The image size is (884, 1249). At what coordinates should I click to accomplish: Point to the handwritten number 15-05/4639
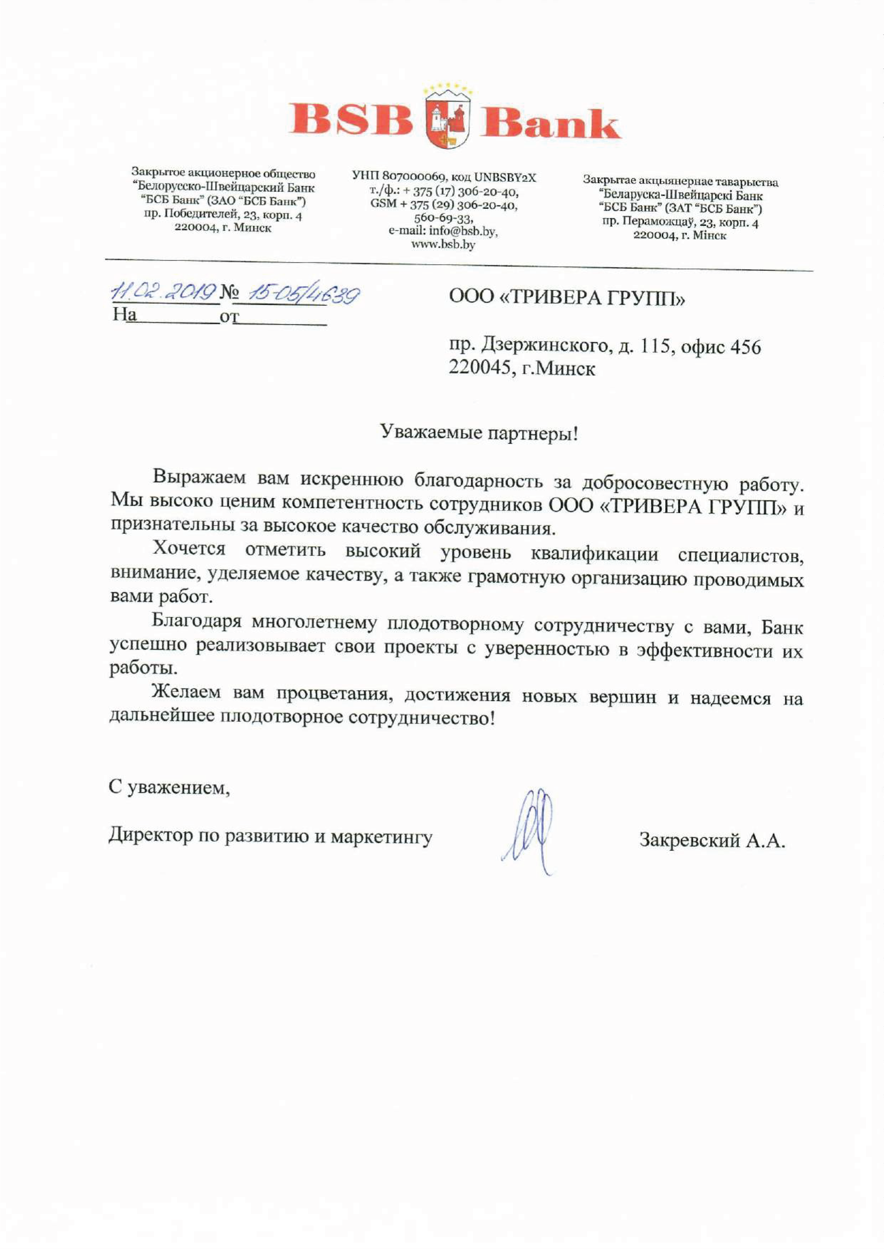point(303,295)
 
